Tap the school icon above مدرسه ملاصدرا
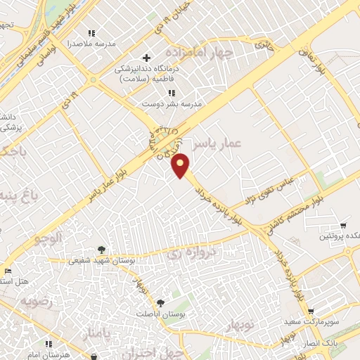click(91, 33)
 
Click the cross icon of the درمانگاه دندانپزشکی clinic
click(146, 58)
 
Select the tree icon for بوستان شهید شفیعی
click(101, 250)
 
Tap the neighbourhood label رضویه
click(37, 302)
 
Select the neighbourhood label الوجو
click(51, 238)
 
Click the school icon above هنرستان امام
click(49, 345)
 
